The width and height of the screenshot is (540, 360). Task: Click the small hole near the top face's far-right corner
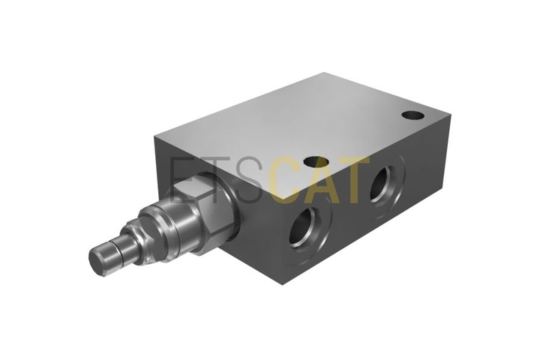point(412,115)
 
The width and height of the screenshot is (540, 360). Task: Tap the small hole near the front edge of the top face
point(316,161)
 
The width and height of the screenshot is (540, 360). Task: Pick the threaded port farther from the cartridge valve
point(384,186)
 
